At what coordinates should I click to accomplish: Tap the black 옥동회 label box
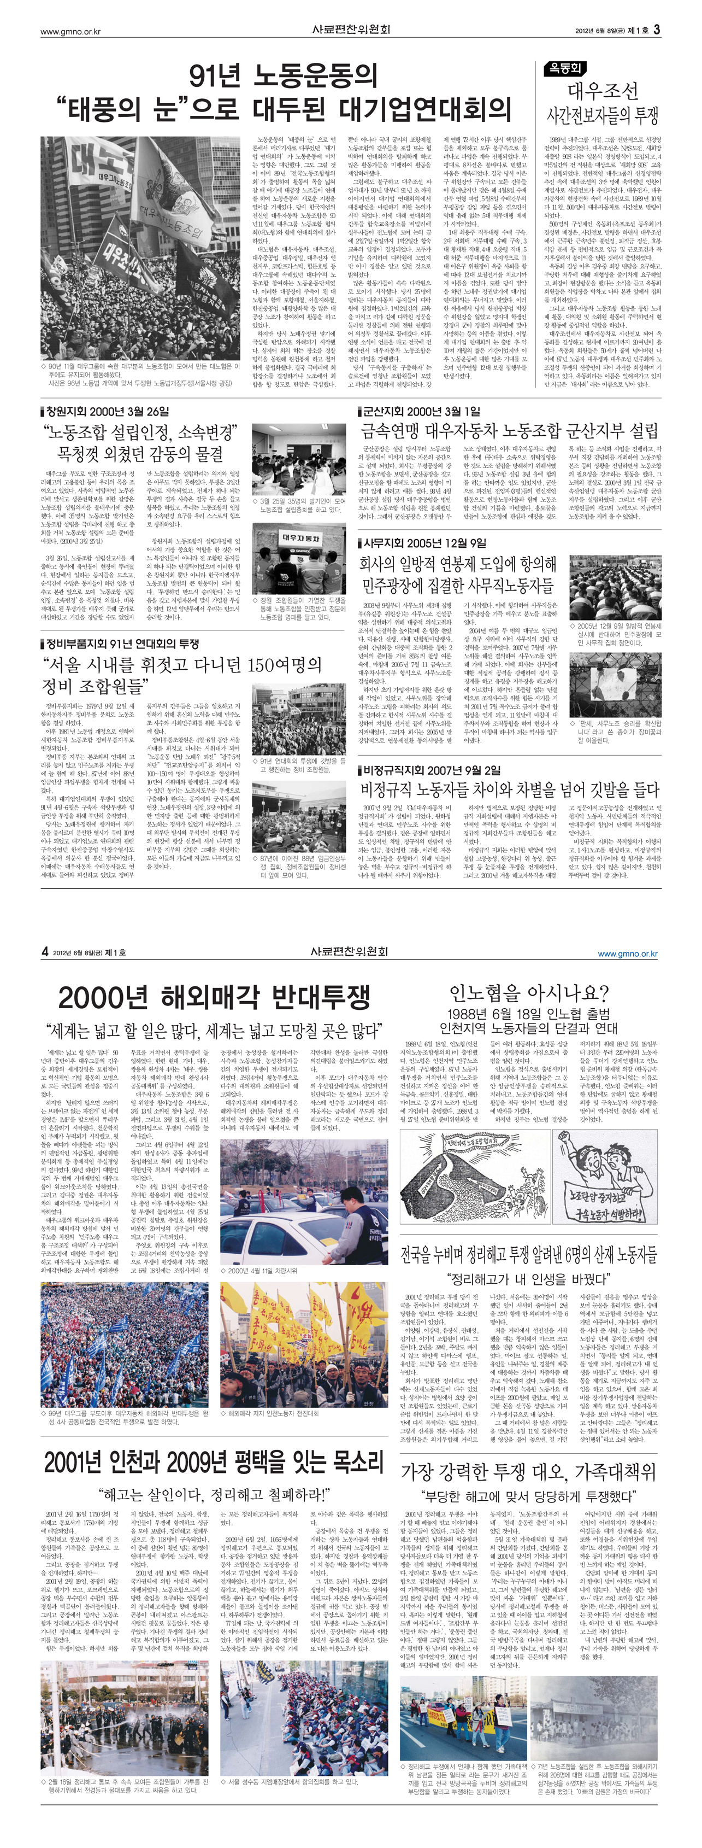click(565, 69)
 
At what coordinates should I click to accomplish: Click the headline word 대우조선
click(603, 91)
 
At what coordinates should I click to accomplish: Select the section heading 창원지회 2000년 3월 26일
click(108, 411)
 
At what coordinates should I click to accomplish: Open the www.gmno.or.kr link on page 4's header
click(627, 954)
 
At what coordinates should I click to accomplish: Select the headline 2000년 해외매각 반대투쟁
click(214, 997)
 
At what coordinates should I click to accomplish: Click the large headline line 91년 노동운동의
click(283, 74)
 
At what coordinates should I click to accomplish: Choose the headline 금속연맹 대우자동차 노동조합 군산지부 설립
click(509, 431)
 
